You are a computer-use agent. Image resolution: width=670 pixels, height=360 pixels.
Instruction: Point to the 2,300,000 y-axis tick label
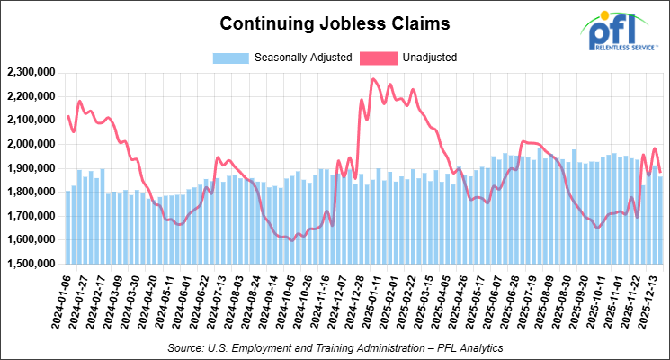point(31,72)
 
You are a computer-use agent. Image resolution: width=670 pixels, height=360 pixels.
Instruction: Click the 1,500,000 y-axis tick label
point(31,265)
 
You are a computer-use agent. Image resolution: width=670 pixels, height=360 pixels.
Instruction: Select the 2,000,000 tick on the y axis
point(31,144)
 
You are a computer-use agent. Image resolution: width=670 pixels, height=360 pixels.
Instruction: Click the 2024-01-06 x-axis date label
point(58,304)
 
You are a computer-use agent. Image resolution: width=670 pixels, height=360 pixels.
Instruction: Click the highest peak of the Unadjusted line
point(373,79)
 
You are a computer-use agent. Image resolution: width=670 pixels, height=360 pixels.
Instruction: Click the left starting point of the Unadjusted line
point(68,116)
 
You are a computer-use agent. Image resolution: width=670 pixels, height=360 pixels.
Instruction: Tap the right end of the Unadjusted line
point(660,171)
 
